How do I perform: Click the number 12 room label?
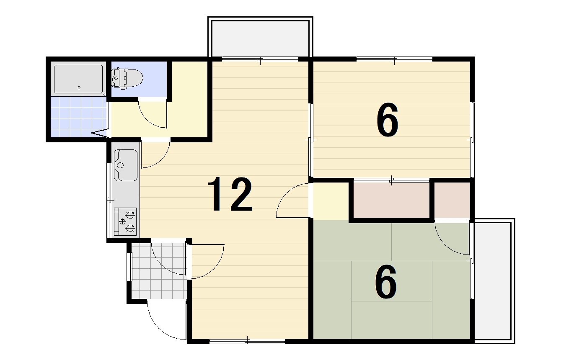(x=230, y=194)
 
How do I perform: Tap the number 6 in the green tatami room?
(x=386, y=282)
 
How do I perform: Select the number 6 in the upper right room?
(x=387, y=120)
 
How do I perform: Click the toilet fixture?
(x=127, y=78)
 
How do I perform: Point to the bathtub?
(x=78, y=79)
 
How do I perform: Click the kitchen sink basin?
(x=126, y=165)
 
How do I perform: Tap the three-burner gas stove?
(x=125, y=222)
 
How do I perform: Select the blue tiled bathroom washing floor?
(x=78, y=117)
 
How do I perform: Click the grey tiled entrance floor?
(x=159, y=271)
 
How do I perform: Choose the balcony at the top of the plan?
(x=260, y=38)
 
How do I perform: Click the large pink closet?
(x=391, y=200)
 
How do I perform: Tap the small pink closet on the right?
(x=452, y=200)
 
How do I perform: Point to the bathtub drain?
(x=79, y=88)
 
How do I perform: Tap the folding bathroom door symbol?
(x=101, y=133)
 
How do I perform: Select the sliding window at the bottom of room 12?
(x=247, y=341)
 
